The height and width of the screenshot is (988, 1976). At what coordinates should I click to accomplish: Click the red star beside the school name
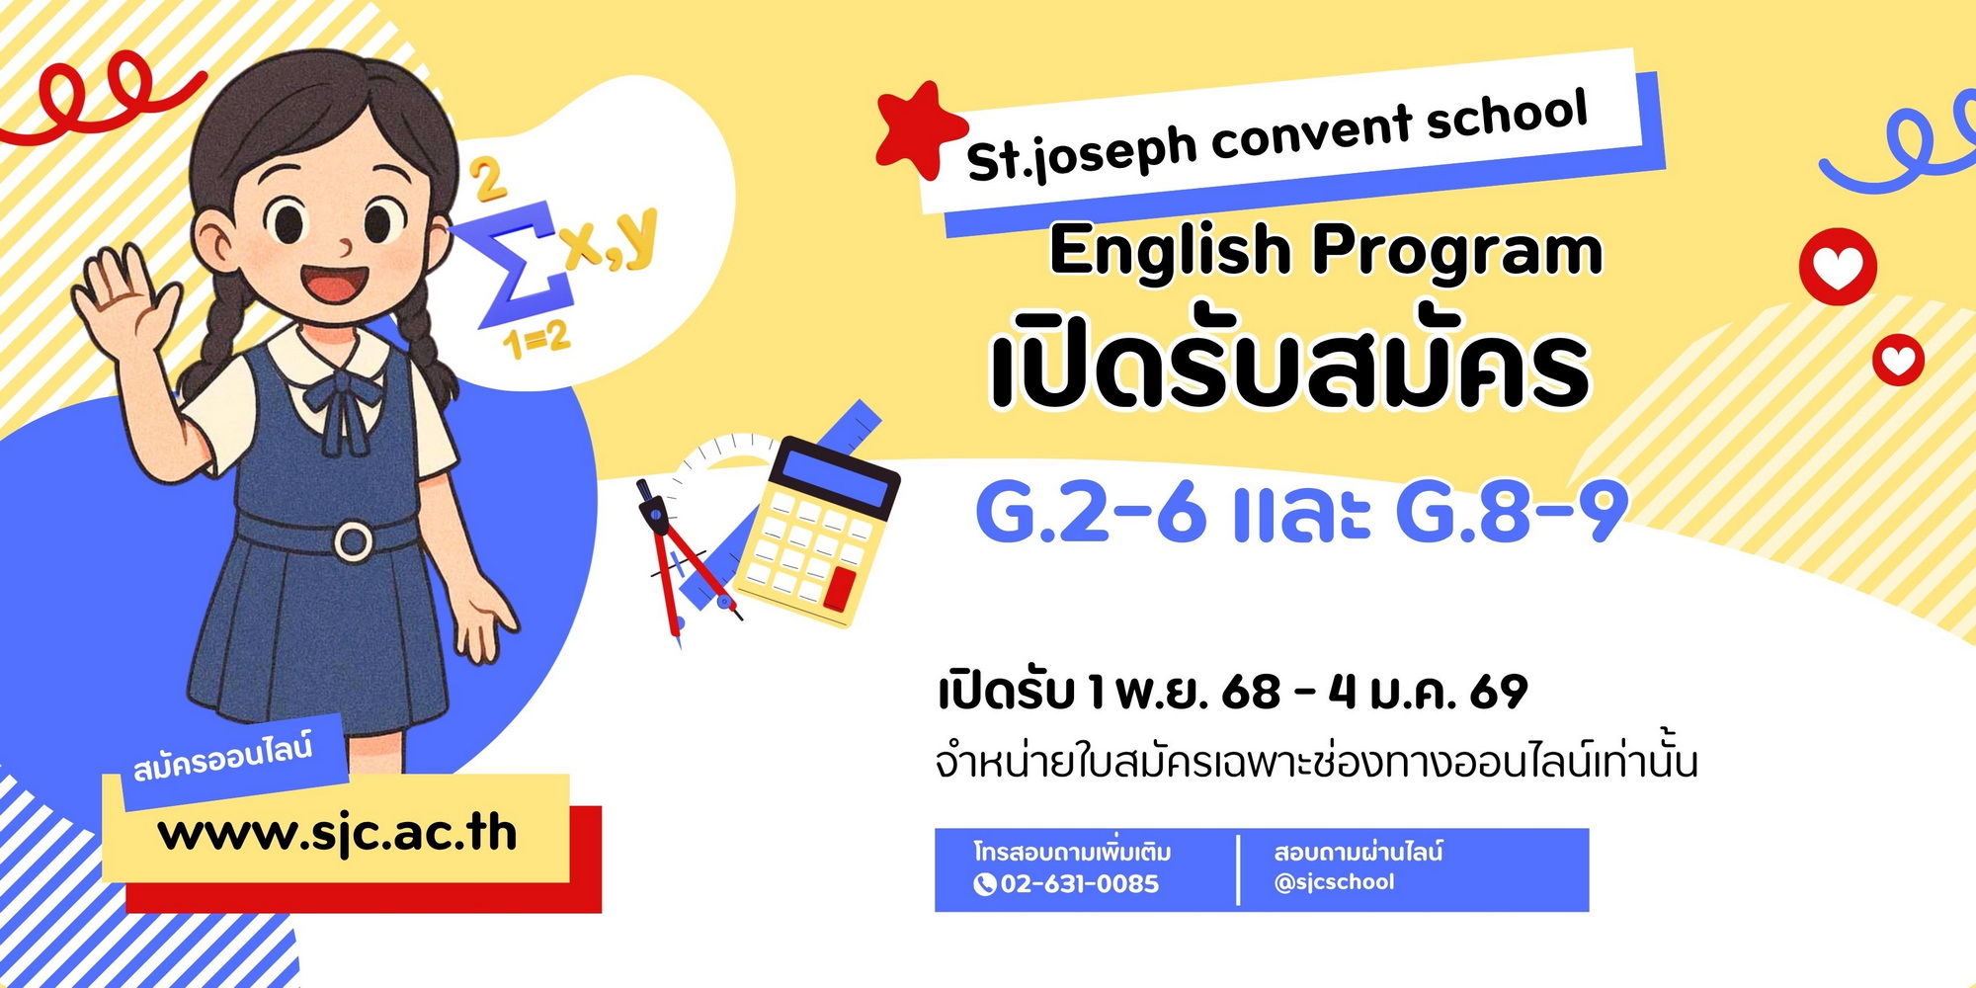pos(919,131)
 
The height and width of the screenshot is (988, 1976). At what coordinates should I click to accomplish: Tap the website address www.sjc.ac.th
pos(337,833)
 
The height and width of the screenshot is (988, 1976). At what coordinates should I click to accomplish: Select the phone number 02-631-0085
pos(1079,883)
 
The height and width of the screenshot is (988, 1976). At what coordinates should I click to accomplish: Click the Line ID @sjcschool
pos(1334,881)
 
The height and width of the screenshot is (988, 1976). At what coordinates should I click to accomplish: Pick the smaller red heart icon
pos(1898,361)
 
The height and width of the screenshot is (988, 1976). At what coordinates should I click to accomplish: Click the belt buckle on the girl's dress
pos(353,539)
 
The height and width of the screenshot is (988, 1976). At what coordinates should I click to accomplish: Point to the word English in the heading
pos(1170,251)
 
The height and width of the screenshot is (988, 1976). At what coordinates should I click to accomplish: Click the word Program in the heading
pos(1456,251)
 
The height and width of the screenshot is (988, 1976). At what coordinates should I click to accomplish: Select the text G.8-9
pos(1512,512)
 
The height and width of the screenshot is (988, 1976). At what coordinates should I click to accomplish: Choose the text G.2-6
pos(1091,512)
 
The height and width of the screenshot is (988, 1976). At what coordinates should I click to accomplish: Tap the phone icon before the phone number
pos(984,884)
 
